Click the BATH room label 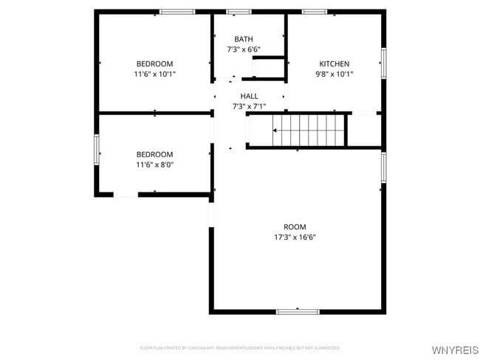[243, 39]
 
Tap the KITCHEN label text [334, 63]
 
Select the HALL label [249, 96]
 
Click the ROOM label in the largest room [295, 226]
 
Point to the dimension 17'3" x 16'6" [295, 237]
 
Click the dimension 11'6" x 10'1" [154, 74]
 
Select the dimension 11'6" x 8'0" [154, 165]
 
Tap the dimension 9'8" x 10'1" [334, 74]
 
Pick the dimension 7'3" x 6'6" [243, 49]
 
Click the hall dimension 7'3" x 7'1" [249, 106]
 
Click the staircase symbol [309, 131]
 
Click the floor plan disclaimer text [240, 347]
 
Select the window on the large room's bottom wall [298, 312]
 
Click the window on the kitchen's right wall [383, 63]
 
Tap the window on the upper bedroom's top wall [177, 12]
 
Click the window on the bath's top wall [239, 12]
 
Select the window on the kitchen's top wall [315, 12]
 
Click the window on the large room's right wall [383, 167]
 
